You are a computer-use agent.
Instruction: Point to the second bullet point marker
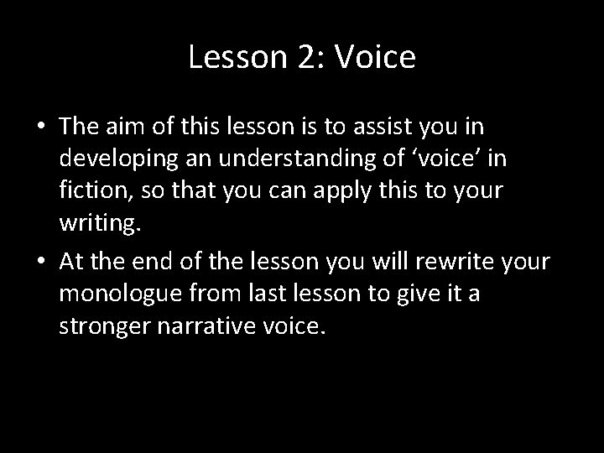pyautogui.click(x=40, y=263)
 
